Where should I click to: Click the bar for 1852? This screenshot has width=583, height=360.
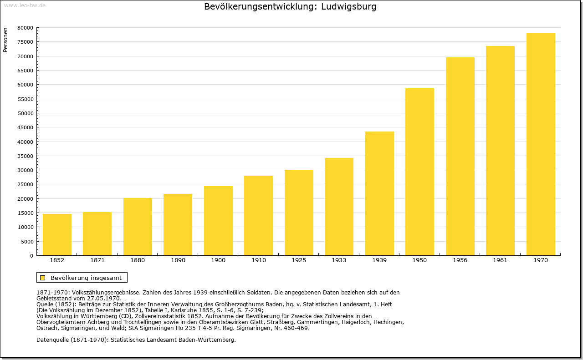57,234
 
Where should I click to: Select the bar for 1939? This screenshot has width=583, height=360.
379,193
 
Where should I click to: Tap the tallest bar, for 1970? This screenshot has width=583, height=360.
541,144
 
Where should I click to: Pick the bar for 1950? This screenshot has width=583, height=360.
419,172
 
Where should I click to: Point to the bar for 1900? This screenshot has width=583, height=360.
218,221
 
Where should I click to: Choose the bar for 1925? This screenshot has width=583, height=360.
299,213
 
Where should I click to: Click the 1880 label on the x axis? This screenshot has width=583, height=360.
138,260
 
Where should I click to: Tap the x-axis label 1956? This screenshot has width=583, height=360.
460,260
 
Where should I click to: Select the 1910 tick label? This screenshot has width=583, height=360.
258,260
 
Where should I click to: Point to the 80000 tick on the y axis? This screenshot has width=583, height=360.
26,28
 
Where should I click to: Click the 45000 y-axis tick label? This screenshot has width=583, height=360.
26,127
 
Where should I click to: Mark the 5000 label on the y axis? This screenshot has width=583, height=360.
27,242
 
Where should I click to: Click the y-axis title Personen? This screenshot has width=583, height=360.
5,40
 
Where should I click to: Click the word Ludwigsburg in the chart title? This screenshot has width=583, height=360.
348,7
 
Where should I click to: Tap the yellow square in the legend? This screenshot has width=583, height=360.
43,278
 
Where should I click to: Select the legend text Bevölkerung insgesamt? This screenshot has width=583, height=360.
86,278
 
